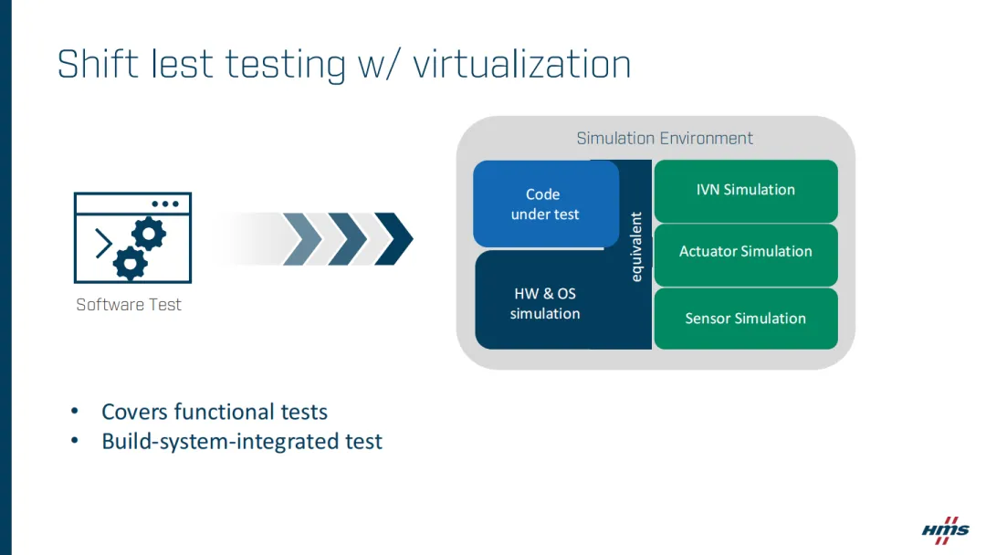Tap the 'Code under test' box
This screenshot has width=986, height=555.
[545, 204]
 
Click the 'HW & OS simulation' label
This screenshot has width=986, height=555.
[544, 303]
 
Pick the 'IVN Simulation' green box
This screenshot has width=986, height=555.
[745, 190]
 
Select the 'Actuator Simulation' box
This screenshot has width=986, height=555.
[745, 252]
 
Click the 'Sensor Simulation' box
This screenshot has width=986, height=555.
[745, 319]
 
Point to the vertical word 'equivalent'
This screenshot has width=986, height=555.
[636, 246]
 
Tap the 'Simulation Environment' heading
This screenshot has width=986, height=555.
[665, 139]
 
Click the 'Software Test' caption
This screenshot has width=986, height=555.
[129, 305]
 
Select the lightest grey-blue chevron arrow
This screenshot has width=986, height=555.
[302, 239]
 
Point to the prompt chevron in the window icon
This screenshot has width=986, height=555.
[104, 244]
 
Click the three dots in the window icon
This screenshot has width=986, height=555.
[165, 204]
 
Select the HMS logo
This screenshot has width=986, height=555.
[945, 529]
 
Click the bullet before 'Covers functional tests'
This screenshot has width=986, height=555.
[76, 413]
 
